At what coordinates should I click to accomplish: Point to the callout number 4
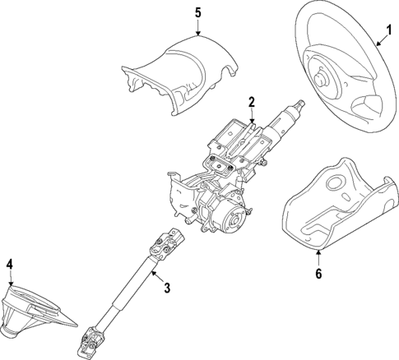click(10, 265)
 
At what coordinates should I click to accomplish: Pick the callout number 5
click(197, 12)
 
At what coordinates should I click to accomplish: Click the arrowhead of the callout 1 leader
click(368, 43)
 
